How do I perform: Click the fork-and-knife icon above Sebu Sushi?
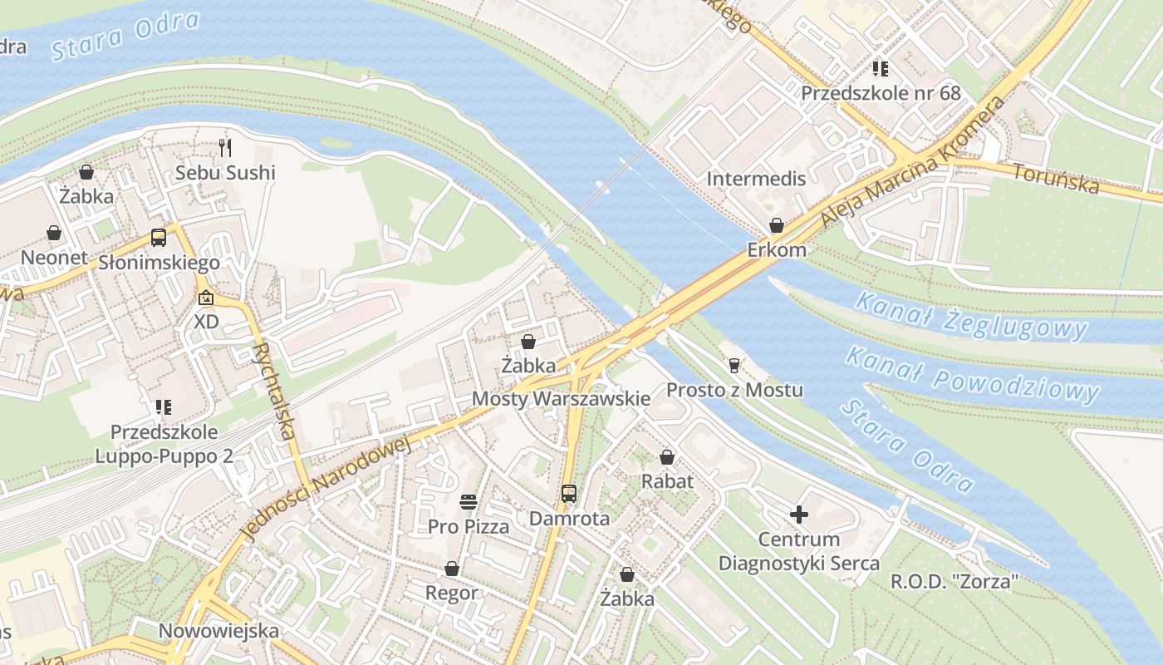[x=225, y=148]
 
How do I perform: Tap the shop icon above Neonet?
[x=54, y=233]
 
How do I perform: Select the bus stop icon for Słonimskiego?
[x=159, y=238]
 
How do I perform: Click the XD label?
[x=206, y=321]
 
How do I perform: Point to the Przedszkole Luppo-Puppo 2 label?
[x=164, y=444]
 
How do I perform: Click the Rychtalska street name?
[x=273, y=391]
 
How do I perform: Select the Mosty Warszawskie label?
[x=561, y=398]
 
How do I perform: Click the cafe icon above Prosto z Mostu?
[x=734, y=365]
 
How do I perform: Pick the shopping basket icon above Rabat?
[x=667, y=457]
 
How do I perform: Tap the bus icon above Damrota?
[x=569, y=494]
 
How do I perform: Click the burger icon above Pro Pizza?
[x=469, y=501]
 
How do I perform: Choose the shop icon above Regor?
[x=452, y=569]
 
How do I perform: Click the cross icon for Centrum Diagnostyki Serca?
[x=798, y=515]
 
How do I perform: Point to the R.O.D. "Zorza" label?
[x=954, y=581]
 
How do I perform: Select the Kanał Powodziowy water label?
[x=972, y=374]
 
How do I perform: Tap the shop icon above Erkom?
[x=777, y=225]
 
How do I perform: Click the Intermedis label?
[x=756, y=179]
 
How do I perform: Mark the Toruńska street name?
[x=1055, y=177]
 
